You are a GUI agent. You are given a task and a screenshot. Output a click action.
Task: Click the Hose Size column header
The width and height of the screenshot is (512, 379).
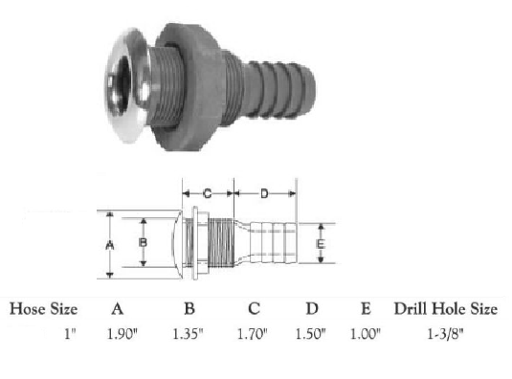pyautogui.click(x=43, y=309)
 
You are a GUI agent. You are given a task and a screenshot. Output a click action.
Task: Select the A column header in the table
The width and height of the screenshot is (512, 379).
pyautogui.click(x=118, y=309)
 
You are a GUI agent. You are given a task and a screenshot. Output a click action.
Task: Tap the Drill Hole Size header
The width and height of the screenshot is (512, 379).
pyautogui.click(x=446, y=309)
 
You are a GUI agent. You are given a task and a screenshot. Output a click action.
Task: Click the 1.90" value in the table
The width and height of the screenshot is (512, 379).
pyautogui.click(x=122, y=334)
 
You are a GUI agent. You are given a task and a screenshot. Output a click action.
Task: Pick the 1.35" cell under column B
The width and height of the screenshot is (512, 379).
pyautogui.click(x=188, y=334)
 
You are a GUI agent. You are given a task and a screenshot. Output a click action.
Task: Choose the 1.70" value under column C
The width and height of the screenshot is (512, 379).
pyautogui.click(x=252, y=334)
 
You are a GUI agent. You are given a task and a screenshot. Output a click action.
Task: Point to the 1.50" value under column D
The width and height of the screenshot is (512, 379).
pyautogui.click(x=310, y=334)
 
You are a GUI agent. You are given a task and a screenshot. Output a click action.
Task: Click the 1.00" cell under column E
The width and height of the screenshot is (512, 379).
pyautogui.click(x=366, y=334)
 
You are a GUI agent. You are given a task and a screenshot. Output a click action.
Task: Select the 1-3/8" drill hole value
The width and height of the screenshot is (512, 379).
pyautogui.click(x=445, y=334)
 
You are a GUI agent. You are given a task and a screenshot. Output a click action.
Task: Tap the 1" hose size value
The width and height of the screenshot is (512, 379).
pyautogui.click(x=70, y=334)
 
